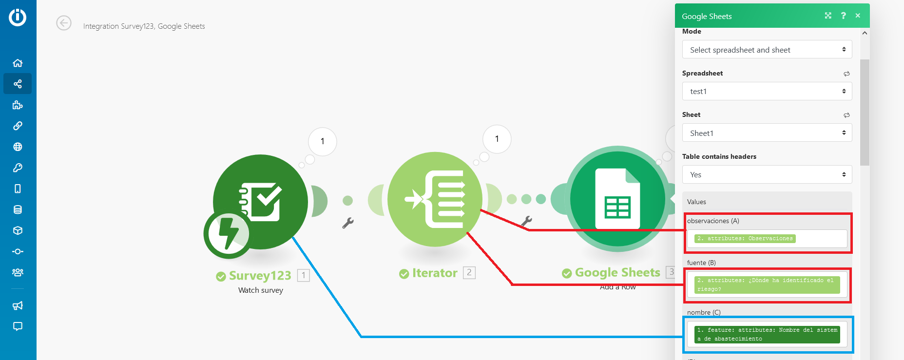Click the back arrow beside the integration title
(x=64, y=23)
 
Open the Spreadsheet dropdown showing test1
(x=767, y=91)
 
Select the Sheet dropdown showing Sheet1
(x=767, y=133)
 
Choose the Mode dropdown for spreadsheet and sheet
(x=767, y=50)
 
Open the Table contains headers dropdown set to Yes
(x=767, y=174)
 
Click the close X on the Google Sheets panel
(x=858, y=16)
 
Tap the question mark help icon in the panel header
(x=844, y=16)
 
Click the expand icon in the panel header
(x=828, y=16)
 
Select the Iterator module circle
(x=435, y=199)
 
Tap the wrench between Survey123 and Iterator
(x=348, y=223)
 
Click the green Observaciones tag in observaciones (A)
(x=745, y=239)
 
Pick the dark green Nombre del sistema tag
(x=767, y=335)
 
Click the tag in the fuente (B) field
(x=767, y=285)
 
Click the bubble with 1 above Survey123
(x=323, y=142)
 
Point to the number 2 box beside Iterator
(x=469, y=273)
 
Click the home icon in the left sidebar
(x=18, y=63)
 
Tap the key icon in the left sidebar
(x=18, y=168)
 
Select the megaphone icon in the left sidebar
(x=18, y=305)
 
